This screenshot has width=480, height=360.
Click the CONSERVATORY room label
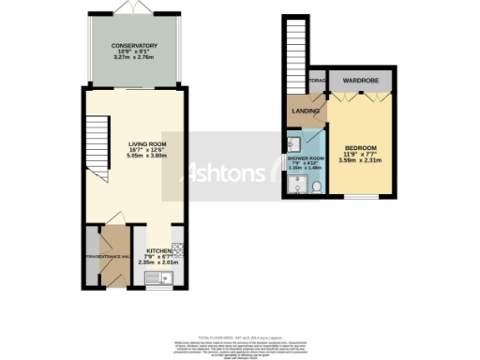pyautogui.click(x=134, y=45)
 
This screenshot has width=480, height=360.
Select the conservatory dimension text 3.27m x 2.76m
pyautogui.click(x=134, y=58)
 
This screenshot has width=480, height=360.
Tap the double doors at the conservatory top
pyautogui.click(x=132, y=8)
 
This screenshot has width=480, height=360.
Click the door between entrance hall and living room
pyautogui.click(x=117, y=229)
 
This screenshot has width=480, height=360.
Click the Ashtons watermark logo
pyautogui.click(x=221, y=174)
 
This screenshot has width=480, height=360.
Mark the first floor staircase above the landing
pyautogui.click(x=294, y=48)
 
